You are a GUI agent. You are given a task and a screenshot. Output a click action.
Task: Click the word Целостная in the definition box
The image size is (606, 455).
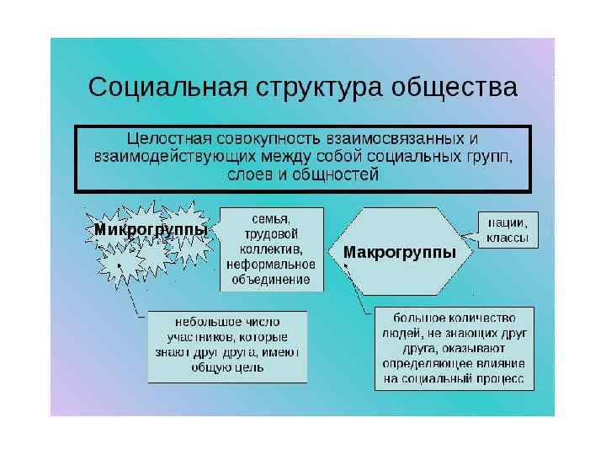pyautogui.click(x=165, y=136)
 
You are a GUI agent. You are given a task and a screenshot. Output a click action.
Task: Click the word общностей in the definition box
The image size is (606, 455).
pyautogui.click(x=339, y=175)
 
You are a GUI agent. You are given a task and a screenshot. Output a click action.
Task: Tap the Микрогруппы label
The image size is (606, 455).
pyautogui.click(x=151, y=229)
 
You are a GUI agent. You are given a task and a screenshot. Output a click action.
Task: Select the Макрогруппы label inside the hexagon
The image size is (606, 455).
pyautogui.click(x=400, y=252)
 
